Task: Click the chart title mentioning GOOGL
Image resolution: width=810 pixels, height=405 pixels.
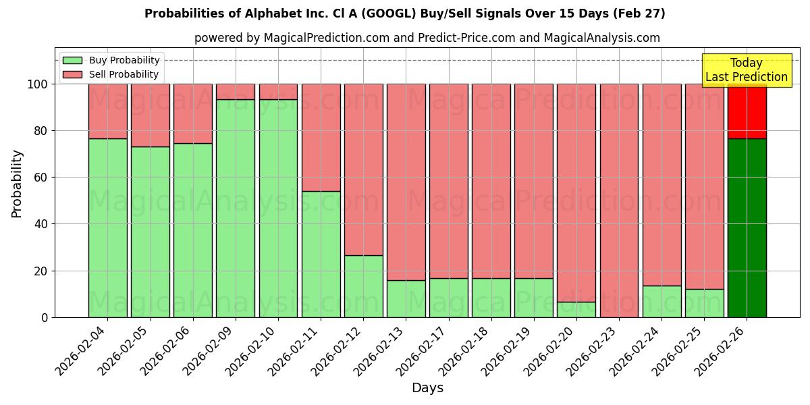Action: pyautogui.click(x=404, y=13)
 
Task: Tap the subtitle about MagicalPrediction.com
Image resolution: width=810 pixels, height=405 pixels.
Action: pyautogui.click(x=427, y=38)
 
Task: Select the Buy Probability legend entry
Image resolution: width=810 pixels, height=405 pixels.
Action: pyautogui.click(x=111, y=60)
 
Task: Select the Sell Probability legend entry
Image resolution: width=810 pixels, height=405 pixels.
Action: pyautogui.click(x=111, y=74)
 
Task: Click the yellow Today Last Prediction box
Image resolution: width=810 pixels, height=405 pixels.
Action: pyautogui.click(x=746, y=70)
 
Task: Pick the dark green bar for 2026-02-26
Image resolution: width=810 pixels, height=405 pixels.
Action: pyautogui.click(x=747, y=228)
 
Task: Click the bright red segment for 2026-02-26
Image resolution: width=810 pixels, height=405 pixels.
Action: pyautogui.click(x=747, y=111)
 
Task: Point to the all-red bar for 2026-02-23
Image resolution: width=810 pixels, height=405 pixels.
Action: pyautogui.click(x=619, y=200)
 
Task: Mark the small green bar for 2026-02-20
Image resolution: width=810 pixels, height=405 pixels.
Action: pyautogui.click(x=576, y=309)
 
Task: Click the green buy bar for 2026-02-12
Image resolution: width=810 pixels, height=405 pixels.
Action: pyautogui.click(x=363, y=286)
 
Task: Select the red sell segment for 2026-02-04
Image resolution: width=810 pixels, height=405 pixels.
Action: pyautogui.click(x=108, y=111)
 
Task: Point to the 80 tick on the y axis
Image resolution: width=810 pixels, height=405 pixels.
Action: pyautogui.click(x=41, y=131)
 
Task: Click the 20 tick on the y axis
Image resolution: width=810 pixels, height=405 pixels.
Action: pyautogui.click(x=41, y=271)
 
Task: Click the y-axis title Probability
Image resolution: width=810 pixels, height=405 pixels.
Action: pyautogui.click(x=17, y=183)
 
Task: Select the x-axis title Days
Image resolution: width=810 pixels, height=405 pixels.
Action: pyautogui.click(x=427, y=388)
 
